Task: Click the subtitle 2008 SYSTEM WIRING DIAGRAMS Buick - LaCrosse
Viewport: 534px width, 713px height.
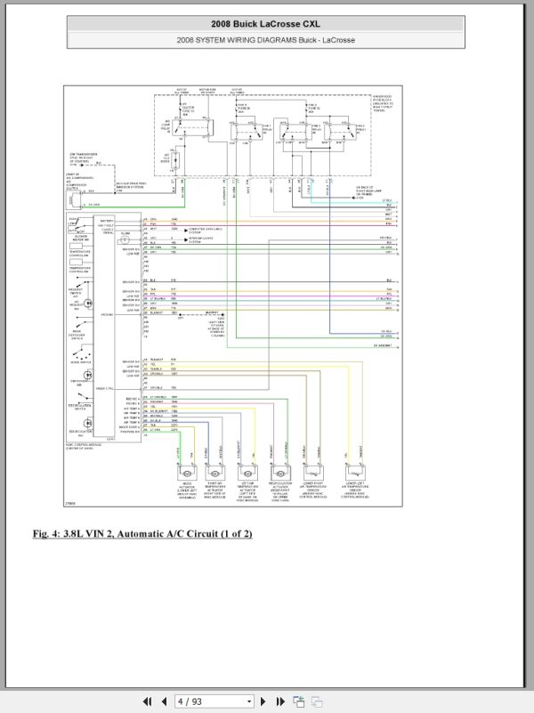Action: pyautogui.click(x=266, y=39)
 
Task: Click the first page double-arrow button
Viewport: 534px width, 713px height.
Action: pyautogui.click(x=148, y=701)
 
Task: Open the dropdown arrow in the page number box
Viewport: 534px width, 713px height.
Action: pyautogui.click(x=249, y=701)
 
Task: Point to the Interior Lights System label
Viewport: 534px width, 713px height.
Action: pyautogui.click(x=206, y=239)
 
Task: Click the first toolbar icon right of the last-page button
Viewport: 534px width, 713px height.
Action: pyautogui.click(x=299, y=701)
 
